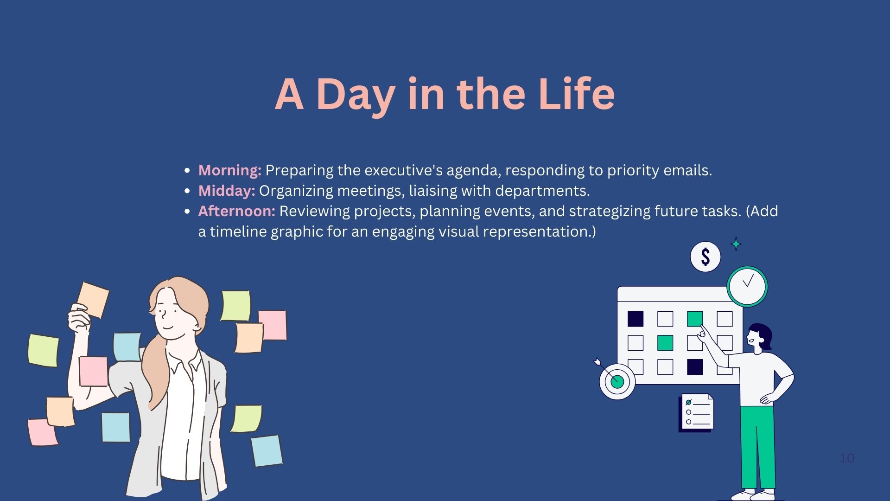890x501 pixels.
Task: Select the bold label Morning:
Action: pyautogui.click(x=230, y=171)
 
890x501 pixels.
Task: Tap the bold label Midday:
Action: pyautogui.click(x=227, y=191)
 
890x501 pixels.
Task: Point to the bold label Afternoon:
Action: pyautogui.click(x=237, y=211)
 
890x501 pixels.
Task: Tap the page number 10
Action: pyautogui.click(x=847, y=458)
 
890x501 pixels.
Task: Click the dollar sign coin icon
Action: pyautogui.click(x=706, y=257)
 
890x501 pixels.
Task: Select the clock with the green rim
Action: pyautogui.click(x=747, y=286)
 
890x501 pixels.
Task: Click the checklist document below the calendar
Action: pyautogui.click(x=696, y=412)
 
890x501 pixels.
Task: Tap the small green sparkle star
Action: pyautogui.click(x=736, y=244)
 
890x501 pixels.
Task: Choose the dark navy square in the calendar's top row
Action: pyautogui.click(x=636, y=319)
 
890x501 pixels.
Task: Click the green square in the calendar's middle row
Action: pyautogui.click(x=665, y=343)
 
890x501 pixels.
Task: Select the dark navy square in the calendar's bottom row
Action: pyautogui.click(x=695, y=367)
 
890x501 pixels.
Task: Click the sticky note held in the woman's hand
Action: pyautogui.click(x=93, y=300)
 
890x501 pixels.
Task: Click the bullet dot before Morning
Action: pyautogui.click(x=187, y=171)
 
